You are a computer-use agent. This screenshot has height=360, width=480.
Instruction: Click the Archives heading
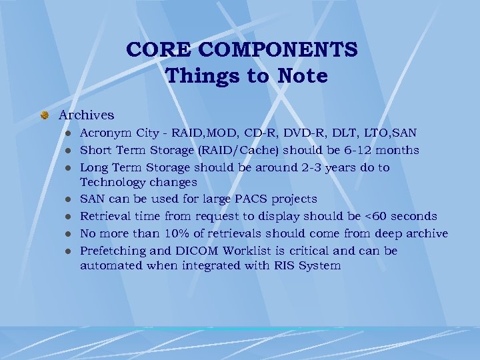point(86,115)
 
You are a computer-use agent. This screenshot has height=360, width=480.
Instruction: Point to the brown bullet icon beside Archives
point(45,115)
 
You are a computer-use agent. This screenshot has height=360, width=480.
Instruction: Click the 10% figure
point(164,233)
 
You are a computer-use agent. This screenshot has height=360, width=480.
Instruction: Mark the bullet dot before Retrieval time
point(67,217)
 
